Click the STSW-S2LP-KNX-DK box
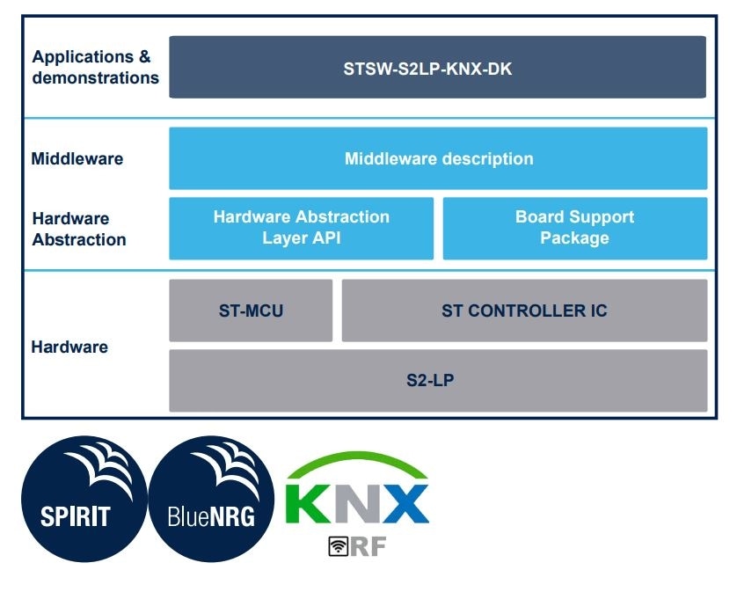coord(437,67)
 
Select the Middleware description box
coord(437,158)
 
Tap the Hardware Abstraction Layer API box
coord(301,228)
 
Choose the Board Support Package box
coord(574,228)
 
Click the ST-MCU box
coord(251,311)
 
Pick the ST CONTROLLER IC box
coord(524,311)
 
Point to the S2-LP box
coord(437,381)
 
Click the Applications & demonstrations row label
coord(94,67)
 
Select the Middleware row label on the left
coord(77,159)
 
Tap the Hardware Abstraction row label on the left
coord(78,229)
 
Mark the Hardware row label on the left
coord(69,347)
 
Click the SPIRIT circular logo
coord(84,498)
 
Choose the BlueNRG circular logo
coord(211,498)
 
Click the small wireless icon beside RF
coord(338,546)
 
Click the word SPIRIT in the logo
coord(76,515)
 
